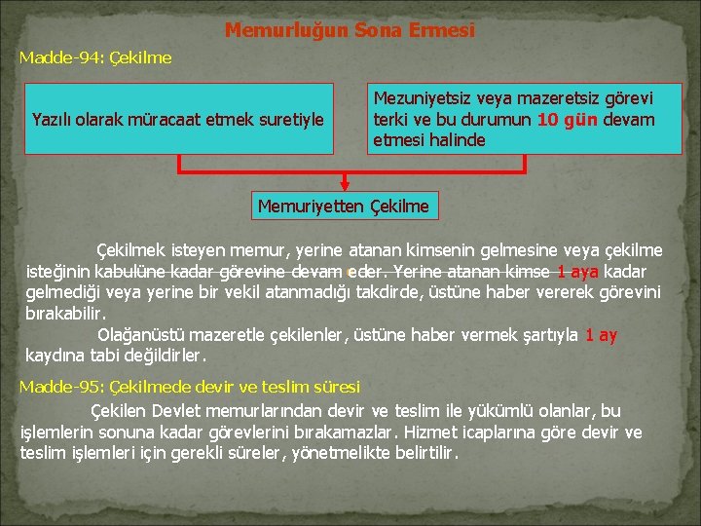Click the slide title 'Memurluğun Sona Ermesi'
(350, 30)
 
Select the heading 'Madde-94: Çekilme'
(95, 57)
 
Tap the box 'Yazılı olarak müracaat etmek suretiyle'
(177, 120)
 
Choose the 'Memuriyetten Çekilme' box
(344, 206)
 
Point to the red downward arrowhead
(344, 183)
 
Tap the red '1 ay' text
(601, 335)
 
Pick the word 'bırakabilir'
(63, 314)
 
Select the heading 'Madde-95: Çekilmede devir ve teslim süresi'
(190, 387)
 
